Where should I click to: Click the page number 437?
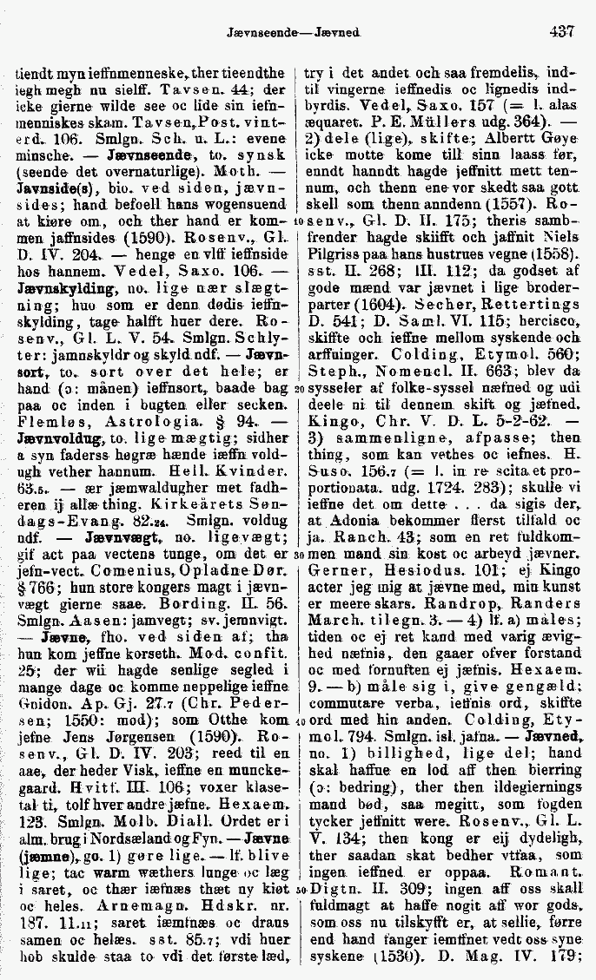561,31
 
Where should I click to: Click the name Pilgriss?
333,255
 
